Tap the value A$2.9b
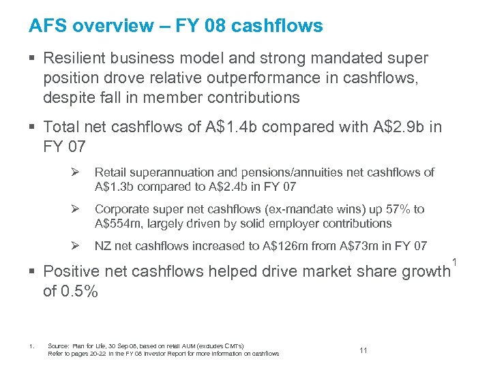(396, 126)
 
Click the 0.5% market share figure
(80, 292)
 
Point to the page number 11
(363, 350)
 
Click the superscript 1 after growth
(453, 260)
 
